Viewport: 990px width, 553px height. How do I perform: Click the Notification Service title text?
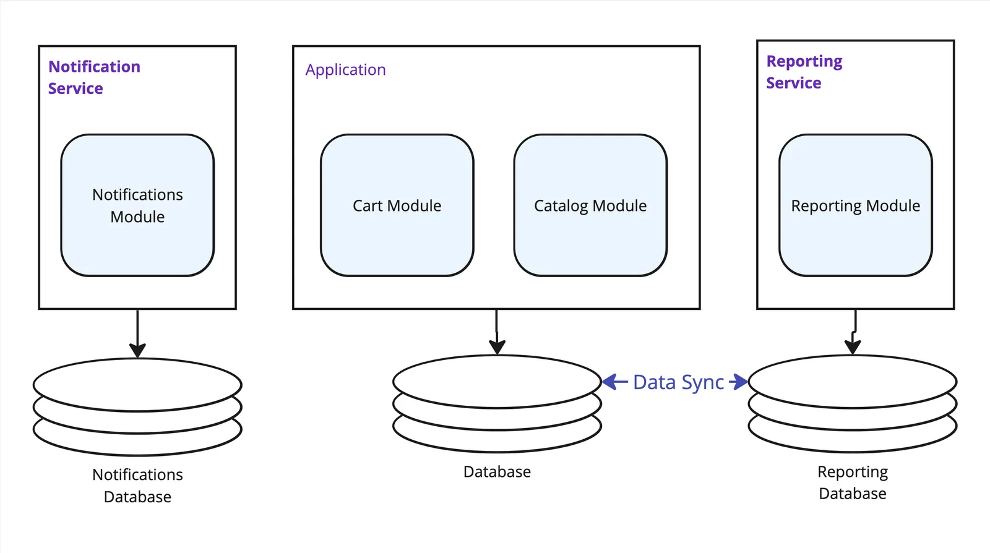pyautogui.click(x=94, y=77)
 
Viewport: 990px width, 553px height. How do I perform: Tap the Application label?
pyautogui.click(x=345, y=70)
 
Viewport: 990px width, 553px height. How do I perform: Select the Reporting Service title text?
pyautogui.click(x=804, y=72)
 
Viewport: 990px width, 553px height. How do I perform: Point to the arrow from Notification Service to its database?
pyautogui.click(x=137, y=334)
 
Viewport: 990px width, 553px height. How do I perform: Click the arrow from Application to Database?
pyautogui.click(x=497, y=332)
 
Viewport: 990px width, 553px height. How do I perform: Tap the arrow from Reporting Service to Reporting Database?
pyautogui.click(x=854, y=332)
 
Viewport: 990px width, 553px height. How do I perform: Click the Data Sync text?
pyautogui.click(x=678, y=382)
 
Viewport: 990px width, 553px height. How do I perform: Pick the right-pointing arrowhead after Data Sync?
pyautogui.click(x=739, y=382)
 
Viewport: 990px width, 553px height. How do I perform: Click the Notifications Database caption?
pyautogui.click(x=137, y=486)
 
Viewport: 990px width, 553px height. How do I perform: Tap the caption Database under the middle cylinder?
pyautogui.click(x=497, y=472)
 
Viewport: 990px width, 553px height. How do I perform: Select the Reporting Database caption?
pyautogui.click(x=853, y=482)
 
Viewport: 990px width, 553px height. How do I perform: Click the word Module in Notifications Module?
pyautogui.click(x=137, y=217)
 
